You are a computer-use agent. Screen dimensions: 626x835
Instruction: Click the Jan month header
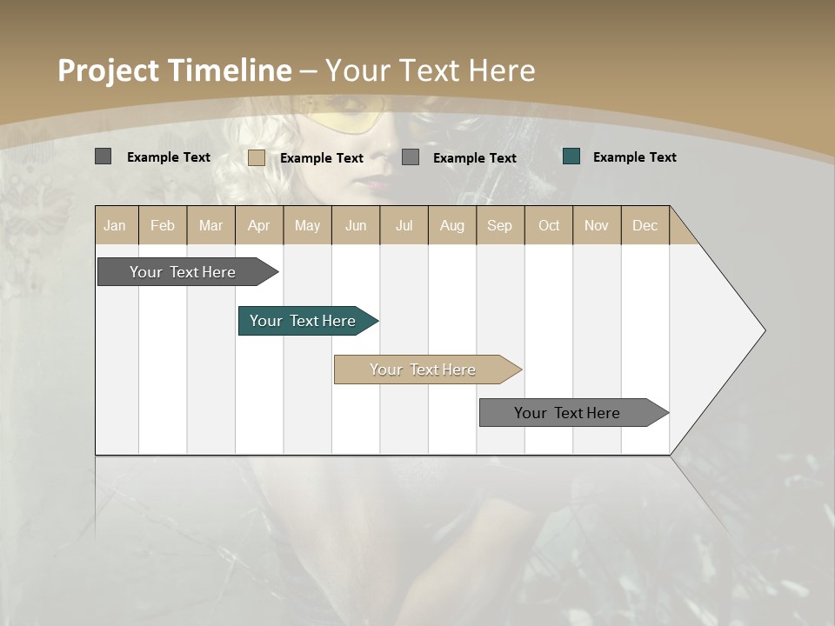click(x=116, y=225)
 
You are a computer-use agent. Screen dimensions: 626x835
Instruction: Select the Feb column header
click(x=163, y=225)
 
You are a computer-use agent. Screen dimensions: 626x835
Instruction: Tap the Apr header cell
click(x=259, y=225)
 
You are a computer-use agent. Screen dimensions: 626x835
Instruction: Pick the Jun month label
click(x=356, y=225)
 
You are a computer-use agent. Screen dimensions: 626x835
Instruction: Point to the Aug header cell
click(x=452, y=225)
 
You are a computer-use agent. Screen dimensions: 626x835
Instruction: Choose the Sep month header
click(x=500, y=225)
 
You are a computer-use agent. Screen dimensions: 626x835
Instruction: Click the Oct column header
click(x=549, y=225)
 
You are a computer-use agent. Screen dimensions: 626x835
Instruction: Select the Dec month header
click(x=645, y=225)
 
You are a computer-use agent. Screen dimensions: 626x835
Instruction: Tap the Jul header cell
click(x=404, y=225)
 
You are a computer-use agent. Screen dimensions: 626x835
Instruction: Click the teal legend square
click(x=571, y=156)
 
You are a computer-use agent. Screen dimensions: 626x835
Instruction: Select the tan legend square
click(x=257, y=157)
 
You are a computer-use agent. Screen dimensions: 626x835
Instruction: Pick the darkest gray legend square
click(x=104, y=156)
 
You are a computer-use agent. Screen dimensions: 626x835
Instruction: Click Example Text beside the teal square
click(x=634, y=157)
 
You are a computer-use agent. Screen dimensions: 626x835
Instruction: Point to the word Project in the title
click(x=108, y=70)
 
